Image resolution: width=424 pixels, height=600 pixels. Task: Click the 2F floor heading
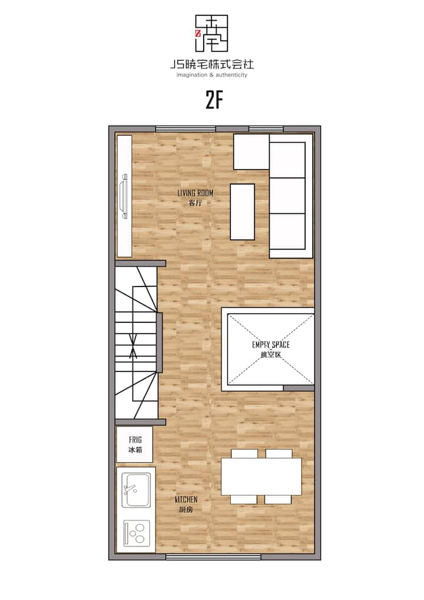[214, 101]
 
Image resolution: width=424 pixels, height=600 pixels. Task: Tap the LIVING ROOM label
[195, 193]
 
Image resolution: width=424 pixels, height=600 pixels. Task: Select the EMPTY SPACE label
[271, 344]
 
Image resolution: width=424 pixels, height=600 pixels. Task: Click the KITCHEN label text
[186, 499]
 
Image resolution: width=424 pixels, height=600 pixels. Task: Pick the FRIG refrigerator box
[135, 444]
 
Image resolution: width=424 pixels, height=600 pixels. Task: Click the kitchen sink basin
[135, 490]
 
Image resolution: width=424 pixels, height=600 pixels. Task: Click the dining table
[261, 476]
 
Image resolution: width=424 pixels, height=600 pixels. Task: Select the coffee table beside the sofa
[243, 212]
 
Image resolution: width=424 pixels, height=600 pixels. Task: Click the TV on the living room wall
[124, 196]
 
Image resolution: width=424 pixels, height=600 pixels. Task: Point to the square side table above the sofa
[251, 151]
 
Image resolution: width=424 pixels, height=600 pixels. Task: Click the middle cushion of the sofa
[287, 196]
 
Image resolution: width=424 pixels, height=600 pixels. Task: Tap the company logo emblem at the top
[212, 33]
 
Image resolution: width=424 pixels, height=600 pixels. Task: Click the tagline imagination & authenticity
[212, 75]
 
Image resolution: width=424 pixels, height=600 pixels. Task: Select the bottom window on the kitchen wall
[213, 557]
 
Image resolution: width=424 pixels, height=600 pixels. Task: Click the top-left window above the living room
[185, 129]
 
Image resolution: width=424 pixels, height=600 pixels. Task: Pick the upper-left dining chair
[244, 454]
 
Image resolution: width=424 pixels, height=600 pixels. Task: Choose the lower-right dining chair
[278, 499]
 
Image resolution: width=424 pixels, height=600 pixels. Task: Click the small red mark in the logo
[198, 33]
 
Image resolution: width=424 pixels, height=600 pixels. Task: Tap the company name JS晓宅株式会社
[212, 64]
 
